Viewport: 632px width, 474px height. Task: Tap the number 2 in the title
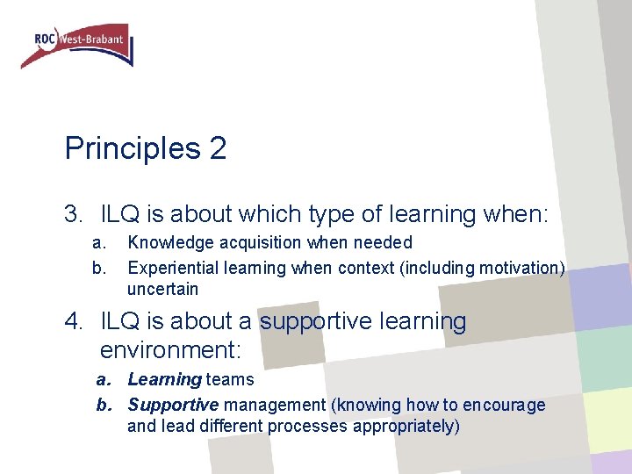218,148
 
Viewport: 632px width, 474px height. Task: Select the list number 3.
73,213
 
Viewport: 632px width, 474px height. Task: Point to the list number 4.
73,321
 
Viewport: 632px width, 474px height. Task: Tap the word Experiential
170,266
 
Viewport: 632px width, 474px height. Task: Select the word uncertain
162,289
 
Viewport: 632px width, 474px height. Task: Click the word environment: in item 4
170,350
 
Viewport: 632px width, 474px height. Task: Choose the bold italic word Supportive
173,405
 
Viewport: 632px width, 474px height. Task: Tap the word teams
230,380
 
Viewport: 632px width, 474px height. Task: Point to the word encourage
506,405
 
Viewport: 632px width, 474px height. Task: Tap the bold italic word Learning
164,380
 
